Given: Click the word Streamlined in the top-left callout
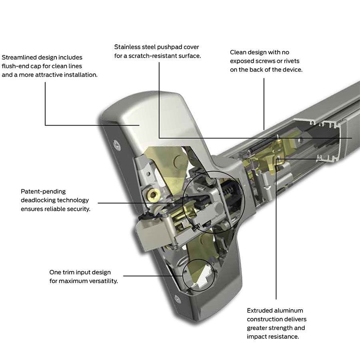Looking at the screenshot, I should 19,58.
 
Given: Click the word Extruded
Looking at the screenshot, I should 260,310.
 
